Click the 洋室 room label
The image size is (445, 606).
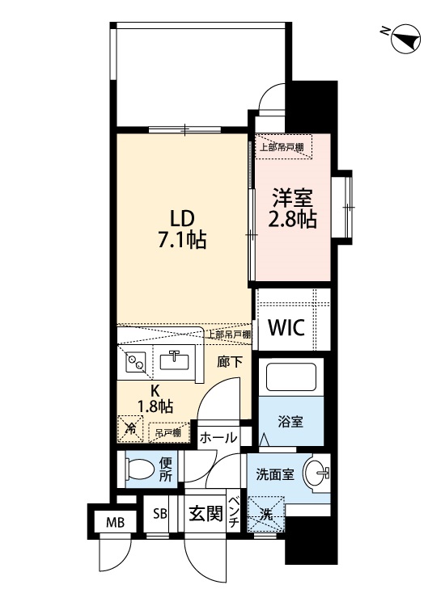[x=292, y=197]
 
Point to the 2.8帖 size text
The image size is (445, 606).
[x=292, y=219]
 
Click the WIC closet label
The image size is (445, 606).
[x=286, y=329]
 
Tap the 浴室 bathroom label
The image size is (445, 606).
[x=291, y=423]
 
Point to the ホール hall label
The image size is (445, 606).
[x=218, y=437]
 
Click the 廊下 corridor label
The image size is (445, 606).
[x=229, y=363]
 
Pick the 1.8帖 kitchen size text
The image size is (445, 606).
[x=156, y=406]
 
